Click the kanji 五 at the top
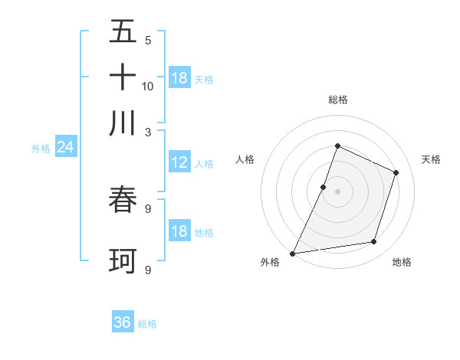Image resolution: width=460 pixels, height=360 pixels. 123,32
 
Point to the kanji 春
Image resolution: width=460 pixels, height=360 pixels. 123,201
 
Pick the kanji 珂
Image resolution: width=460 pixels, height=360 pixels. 123,261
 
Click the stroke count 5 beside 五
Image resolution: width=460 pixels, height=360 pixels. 147,40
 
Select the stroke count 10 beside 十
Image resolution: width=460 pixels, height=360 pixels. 148,86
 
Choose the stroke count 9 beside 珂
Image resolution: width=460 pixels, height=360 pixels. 148,270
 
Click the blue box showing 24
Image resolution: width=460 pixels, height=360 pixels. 65,147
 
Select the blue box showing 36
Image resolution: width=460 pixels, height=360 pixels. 123,322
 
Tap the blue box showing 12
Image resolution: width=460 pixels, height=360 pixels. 179,162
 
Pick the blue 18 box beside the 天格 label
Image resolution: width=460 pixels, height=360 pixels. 179,77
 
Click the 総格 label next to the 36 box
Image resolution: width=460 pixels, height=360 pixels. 147,324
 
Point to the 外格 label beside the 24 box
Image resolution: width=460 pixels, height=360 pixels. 41,149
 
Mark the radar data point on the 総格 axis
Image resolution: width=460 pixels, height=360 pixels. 337,146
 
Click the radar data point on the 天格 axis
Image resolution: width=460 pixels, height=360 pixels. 396,172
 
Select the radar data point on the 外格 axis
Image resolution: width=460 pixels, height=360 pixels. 292,254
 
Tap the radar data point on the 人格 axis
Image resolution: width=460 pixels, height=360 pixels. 324,187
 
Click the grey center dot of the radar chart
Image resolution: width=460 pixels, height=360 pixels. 337,191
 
